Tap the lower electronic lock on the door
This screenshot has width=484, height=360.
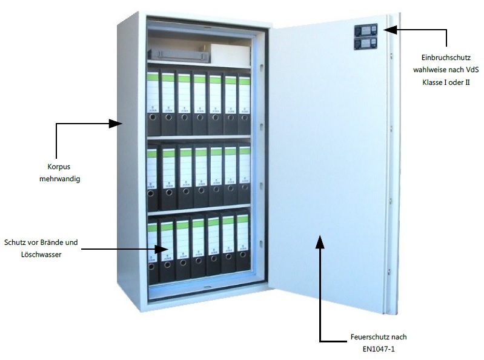coord(365,43)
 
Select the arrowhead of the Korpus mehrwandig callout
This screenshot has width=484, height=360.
coord(118,124)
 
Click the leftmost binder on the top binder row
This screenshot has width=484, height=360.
coord(152,104)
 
